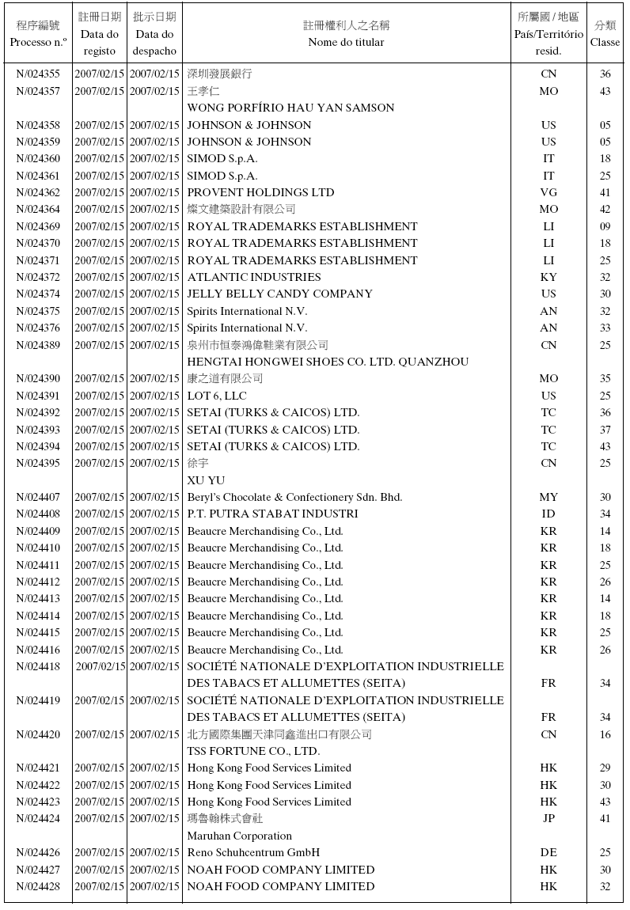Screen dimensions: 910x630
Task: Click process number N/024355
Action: tap(38, 74)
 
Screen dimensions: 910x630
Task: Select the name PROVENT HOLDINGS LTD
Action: tap(260, 192)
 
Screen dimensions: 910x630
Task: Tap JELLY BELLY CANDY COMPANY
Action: tap(279, 294)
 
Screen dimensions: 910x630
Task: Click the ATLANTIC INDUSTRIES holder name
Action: tap(253, 277)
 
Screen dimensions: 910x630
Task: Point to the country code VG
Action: tap(548, 192)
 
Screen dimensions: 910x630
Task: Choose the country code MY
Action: tap(548, 497)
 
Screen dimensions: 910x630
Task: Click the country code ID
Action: tap(548, 514)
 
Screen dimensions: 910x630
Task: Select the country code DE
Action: tap(548, 852)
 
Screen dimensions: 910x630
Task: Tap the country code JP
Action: tap(548, 818)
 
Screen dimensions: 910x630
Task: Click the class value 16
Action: tap(605, 734)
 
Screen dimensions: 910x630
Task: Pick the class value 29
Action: tap(605, 768)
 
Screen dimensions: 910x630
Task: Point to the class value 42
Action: tap(605, 209)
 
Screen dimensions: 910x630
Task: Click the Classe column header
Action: tap(605, 33)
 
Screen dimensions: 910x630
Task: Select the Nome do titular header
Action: tap(346, 42)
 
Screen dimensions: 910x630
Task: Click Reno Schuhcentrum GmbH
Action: tap(253, 852)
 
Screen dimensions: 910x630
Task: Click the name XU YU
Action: tap(206, 480)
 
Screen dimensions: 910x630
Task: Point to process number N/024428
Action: tap(38, 886)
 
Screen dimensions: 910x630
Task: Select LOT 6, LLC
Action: tap(217, 396)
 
